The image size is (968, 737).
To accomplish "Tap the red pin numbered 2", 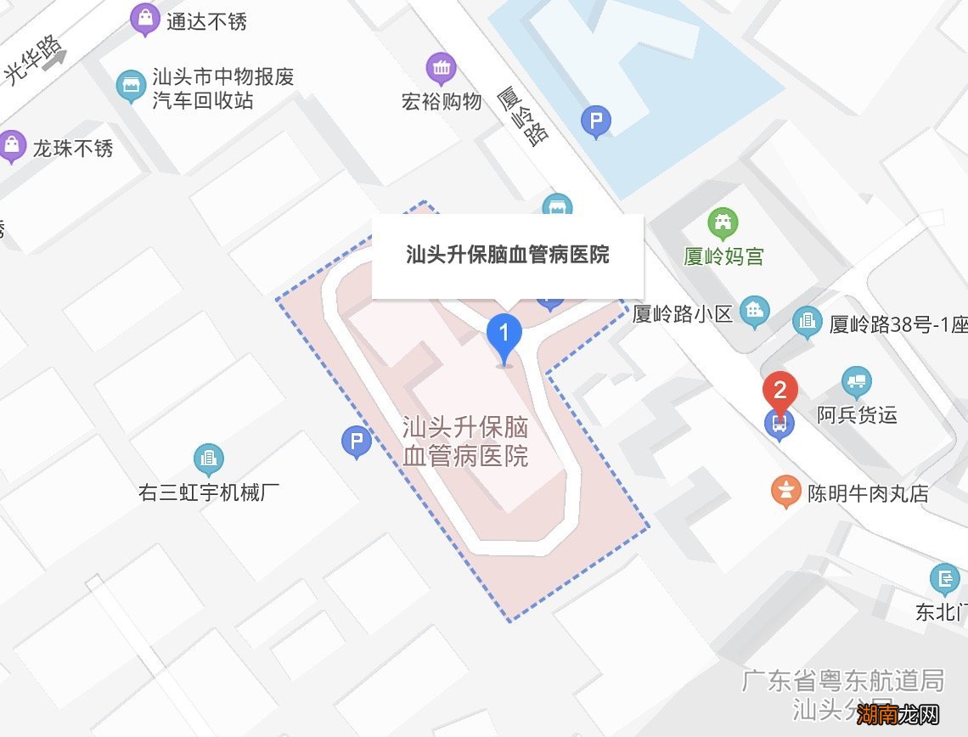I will [x=779, y=393].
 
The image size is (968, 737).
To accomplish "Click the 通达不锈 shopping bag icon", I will [x=146, y=19].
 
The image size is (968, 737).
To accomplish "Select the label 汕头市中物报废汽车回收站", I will [x=223, y=89].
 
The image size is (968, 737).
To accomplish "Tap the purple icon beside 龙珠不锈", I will [x=12, y=147].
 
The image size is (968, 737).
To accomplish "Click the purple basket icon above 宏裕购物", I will [x=441, y=68].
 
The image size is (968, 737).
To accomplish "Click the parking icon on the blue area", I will [x=595, y=121].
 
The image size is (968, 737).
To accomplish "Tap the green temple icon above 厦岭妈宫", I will [x=723, y=224].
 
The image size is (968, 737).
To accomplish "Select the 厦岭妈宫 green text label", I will [x=724, y=256].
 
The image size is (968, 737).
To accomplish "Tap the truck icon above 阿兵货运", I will [x=856, y=382].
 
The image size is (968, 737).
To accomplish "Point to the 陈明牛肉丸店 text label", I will [x=868, y=493].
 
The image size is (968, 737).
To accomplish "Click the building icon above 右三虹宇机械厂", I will [x=208, y=459].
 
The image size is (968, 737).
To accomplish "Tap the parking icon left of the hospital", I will [x=356, y=442].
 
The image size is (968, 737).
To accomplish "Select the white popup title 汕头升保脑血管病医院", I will [x=508, y=255].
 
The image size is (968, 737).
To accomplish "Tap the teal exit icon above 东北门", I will [x=944, y=580].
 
